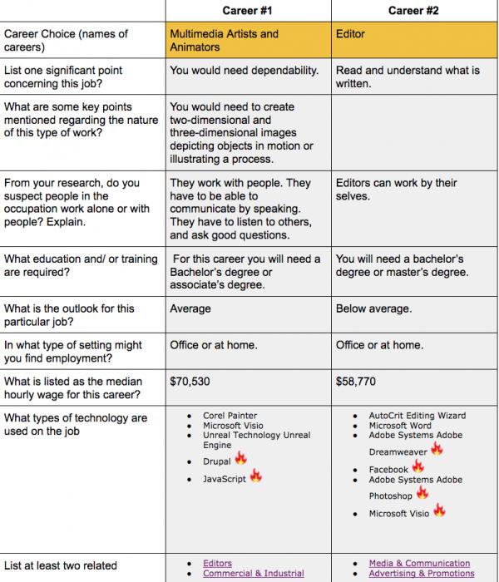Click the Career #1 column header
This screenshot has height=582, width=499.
pos(247,11)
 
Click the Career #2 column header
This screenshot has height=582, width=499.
pos(413,11)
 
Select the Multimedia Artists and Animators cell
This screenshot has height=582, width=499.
pos(225,41)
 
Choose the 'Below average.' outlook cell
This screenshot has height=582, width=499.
pos(373,308)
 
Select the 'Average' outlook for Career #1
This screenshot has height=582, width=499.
pos(190,308)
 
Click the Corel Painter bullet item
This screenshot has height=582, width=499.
pos(230,415)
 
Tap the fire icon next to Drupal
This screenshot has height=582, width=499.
pos(241,458)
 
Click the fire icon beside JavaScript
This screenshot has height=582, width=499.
pos(256,476)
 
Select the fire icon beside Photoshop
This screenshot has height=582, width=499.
pos(422,493)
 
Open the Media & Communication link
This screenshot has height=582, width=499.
pos(419,563)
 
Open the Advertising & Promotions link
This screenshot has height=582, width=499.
pos(421,573)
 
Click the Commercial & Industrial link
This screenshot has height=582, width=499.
pos(253,573)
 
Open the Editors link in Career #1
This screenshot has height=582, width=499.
pos(217,563)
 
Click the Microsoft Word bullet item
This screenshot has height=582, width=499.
pos(399,426)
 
